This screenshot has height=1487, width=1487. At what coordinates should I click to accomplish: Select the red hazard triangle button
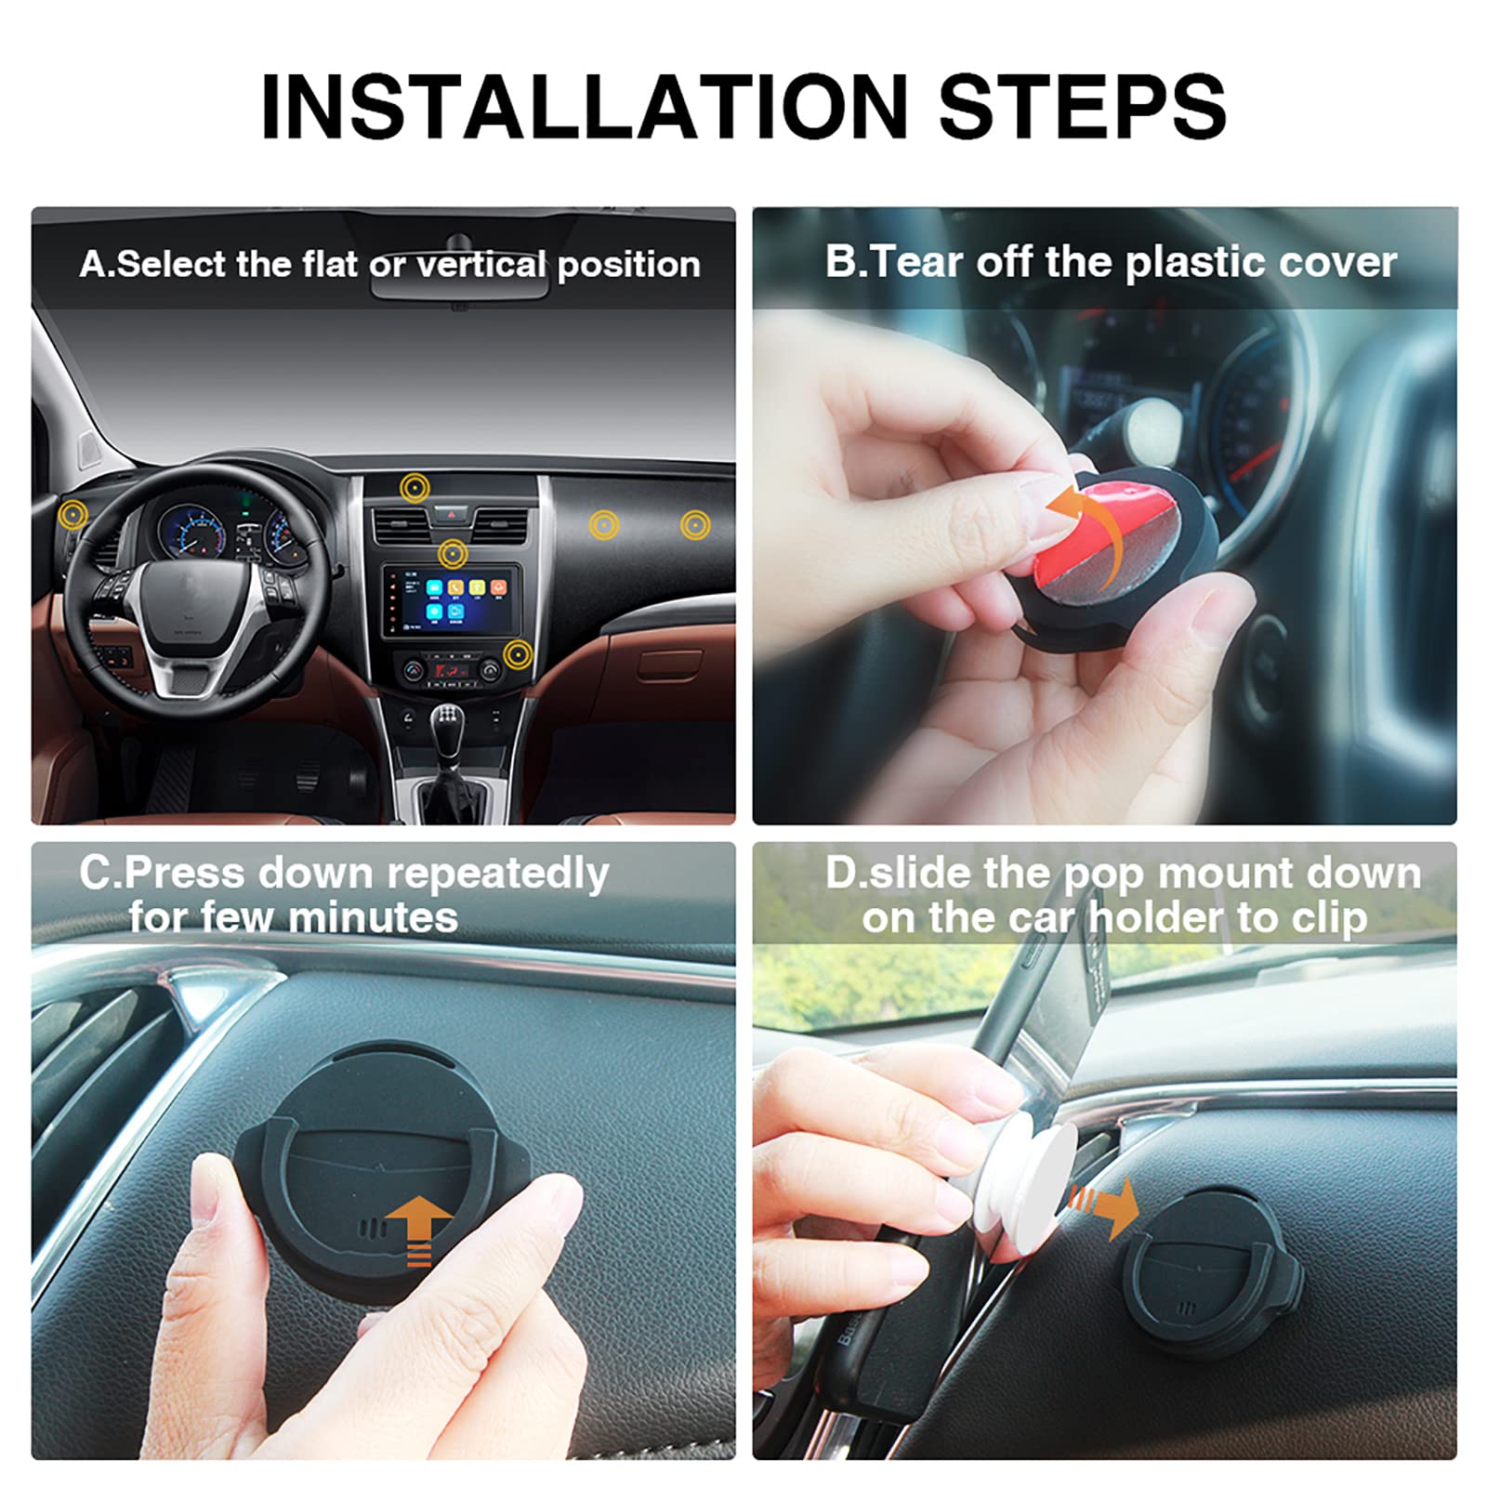[x=453, y=512]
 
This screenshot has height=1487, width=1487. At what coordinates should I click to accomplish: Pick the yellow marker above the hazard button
[x=415, y=486]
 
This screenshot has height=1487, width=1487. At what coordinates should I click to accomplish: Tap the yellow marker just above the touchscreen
[x=453, y=555]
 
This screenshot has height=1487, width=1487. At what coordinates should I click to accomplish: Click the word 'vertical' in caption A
[x=480, y=265]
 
